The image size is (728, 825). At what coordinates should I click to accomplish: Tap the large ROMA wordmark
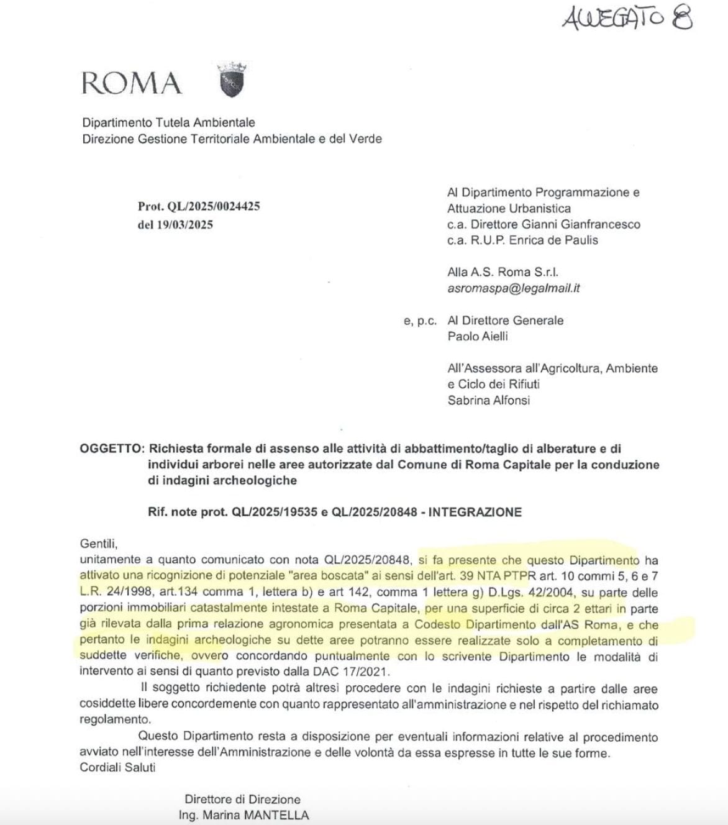pyautogui.click(x=131, y=83)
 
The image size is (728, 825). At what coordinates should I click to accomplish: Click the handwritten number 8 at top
pyautogui.click(x=681, y=19)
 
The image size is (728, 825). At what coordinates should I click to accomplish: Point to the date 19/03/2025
pyautogui.click(x=184, y=224)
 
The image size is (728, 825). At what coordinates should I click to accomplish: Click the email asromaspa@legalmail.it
pyautogui.click(x=514, y=288)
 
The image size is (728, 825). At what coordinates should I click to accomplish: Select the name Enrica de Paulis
pyautogui.click(x=553, y=240)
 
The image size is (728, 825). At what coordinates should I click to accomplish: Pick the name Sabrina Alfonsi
pyautogui.click(x=489, y=400)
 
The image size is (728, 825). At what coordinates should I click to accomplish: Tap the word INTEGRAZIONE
pyautogui.click(x=475, y=512)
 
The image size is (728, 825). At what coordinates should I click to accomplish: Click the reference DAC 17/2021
pyautogui.click(x=357, y=672)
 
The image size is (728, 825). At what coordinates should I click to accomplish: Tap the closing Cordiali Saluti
pyautogui.click(x=117, y=767)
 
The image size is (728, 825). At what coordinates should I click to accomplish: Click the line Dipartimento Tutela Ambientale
pyautogui.click(x=168, y=122)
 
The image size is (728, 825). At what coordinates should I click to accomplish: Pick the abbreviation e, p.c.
pyautogui.click(x=421, y=321)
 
